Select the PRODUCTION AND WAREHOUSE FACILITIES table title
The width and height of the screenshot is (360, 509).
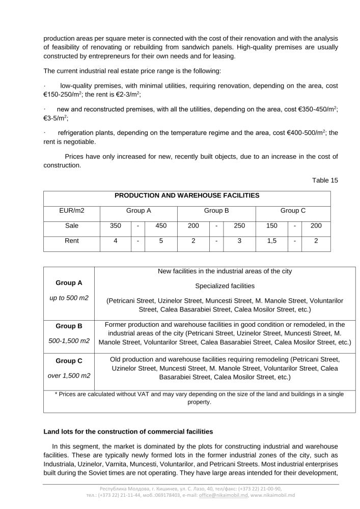click(187, 195)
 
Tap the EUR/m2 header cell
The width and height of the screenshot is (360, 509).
click(72, 210)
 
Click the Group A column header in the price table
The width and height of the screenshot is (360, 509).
click(139, 210)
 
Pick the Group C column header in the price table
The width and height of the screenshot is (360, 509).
click(293, 210)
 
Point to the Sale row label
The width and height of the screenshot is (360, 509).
click(72, 225)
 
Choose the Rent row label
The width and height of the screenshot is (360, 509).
click(72, 241)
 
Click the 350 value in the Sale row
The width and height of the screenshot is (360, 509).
click(116, 225)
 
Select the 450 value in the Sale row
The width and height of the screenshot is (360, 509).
click(161, 225)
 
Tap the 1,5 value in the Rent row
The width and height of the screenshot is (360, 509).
click(271, 241)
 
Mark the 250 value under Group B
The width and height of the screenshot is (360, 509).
click(239, 225)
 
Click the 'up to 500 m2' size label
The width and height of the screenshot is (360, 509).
click(69, 298)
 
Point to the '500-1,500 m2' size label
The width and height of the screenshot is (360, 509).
click(69, 340)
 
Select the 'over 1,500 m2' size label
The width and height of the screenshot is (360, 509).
click(69, 376)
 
